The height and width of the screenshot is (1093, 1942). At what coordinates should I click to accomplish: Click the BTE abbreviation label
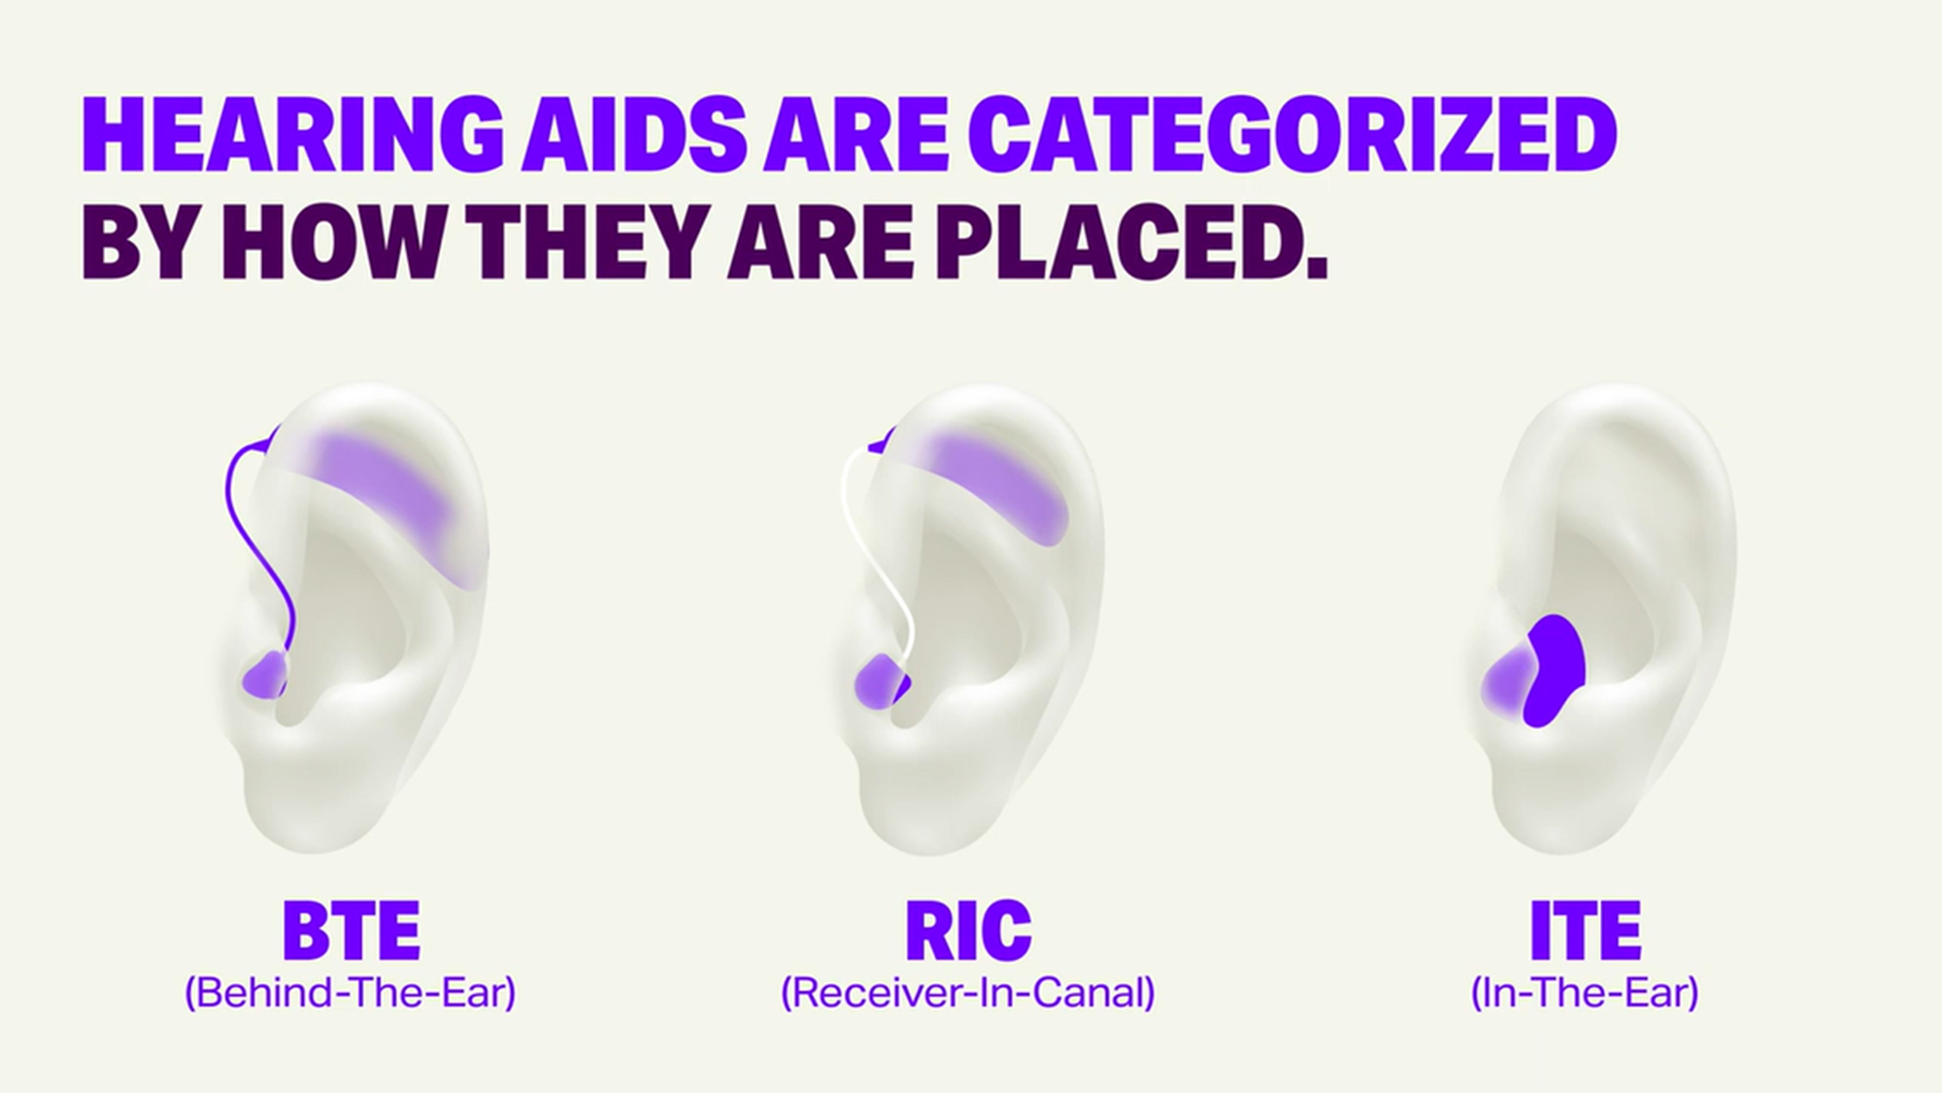(351, 931)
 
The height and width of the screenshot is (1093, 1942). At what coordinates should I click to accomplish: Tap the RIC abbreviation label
(968, 931)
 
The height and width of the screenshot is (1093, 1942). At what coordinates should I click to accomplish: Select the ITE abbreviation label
(1585, 931)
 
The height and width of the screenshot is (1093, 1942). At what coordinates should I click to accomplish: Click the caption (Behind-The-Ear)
(350, 993)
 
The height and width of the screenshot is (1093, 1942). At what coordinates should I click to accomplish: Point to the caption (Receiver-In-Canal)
(968, 993)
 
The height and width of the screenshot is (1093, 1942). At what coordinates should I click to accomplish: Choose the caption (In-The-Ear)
(1585, 993)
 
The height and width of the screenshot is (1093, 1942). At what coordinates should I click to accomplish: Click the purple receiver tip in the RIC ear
(880, 680)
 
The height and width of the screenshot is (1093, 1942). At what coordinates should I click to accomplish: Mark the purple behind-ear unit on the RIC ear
(1000, 486)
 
